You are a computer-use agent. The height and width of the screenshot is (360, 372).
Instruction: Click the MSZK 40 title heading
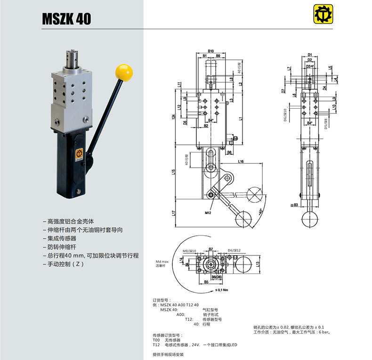click(66, 19)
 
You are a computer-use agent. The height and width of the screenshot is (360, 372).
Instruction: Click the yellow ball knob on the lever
click(124, 72)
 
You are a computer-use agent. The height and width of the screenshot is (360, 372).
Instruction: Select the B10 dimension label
click(210, 50)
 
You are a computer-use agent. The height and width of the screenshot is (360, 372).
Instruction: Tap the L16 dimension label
click(240, 161)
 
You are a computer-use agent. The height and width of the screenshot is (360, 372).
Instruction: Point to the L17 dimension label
click(174, 213)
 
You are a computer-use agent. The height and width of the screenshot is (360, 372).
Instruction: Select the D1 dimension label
click(310, 55)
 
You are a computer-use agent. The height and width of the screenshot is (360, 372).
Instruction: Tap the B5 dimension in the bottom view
click(206, 282)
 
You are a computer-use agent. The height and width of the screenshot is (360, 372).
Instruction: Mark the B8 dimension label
click(229, 152)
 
